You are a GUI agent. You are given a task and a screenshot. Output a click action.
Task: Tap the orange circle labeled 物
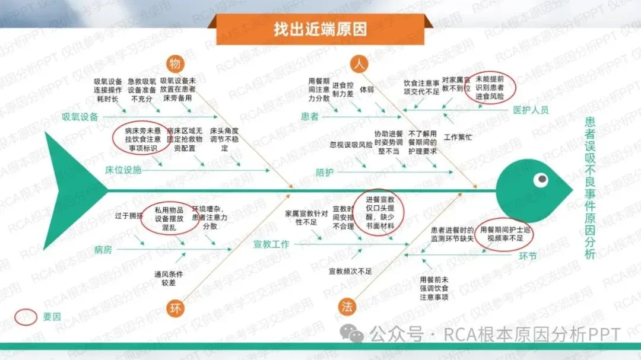tap(175, 63)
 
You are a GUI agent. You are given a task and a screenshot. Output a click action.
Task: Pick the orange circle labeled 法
tap(347, 307)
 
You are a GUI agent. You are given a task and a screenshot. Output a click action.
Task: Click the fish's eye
tap(540, 179)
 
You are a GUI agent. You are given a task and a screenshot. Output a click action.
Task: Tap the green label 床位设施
tap(123, 170)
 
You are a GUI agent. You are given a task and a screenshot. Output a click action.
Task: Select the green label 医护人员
tap(531, 110)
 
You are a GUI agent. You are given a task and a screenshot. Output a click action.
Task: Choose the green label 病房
tap(103, 249)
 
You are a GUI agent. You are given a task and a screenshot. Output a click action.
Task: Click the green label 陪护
tap(324, 172)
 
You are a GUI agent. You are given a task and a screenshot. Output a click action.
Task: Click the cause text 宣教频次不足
tap(350, 271)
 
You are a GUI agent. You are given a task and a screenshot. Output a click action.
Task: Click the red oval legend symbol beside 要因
tap(26, 316)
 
